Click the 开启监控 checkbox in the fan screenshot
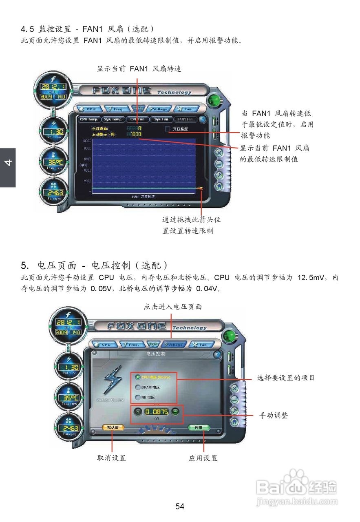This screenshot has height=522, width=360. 167,129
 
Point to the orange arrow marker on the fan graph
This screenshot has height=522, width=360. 200,188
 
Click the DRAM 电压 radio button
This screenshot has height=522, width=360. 138,387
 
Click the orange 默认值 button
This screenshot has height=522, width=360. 113,427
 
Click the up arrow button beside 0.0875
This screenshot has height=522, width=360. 175,412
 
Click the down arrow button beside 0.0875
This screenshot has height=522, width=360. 138,412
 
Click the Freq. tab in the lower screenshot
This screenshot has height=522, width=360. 131,345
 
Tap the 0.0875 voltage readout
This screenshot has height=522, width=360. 157,412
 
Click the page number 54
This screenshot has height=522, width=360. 180,507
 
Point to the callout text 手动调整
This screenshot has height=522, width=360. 274,416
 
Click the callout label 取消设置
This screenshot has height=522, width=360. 111,458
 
